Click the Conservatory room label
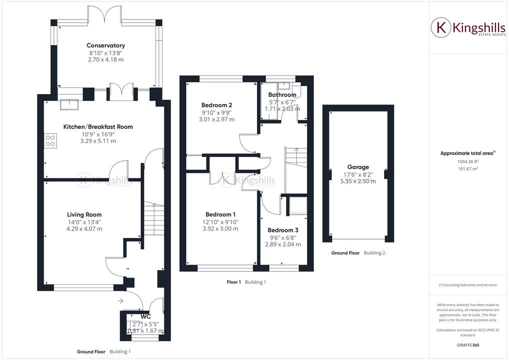(x=105, y=45)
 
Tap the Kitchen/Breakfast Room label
(x=98, y=126)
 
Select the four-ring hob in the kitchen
(x=50, y=140)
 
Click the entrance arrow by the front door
(x=120, y=300)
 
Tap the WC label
(x=145, y=316)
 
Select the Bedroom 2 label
(x=216, y=105)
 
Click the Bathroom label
(x=282, y=94)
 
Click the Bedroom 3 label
(x=282, y=230)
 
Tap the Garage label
(x=358, y=167)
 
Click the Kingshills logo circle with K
(x=441, y=27)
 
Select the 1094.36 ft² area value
(x=467, y=161)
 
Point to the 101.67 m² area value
(x=467, y=169)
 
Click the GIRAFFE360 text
(x=467, y=345)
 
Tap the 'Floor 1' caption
(x=233, y=282)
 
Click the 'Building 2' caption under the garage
(x=374, y=253)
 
